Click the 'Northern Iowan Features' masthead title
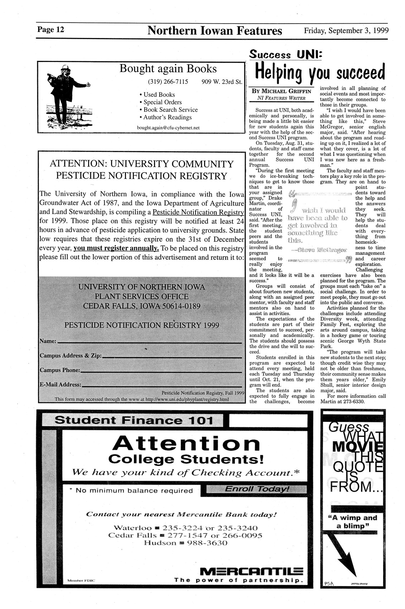click(x=214, y=31)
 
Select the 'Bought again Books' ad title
click(x=168, y=69)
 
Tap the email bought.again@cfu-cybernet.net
click(x=168, y=127)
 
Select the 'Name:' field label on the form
click(x=48, y=341)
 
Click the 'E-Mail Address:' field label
click(x=60, y=385)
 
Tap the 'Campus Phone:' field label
click(x=59, y=370)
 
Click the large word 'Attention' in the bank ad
click(x=186, y=444)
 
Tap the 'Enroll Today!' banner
click(x=257, y=489)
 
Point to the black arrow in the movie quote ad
click(x=344, y=559)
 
